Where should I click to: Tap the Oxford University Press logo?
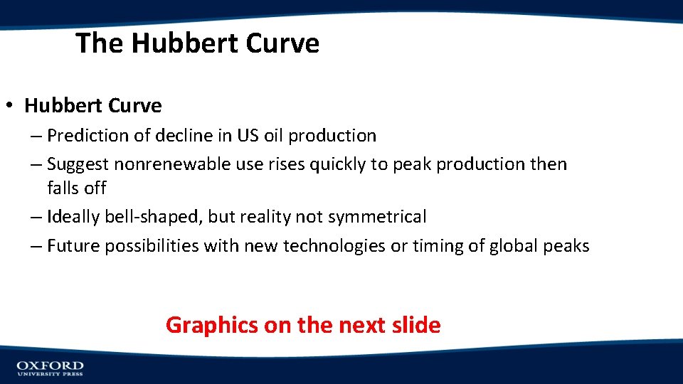tap(50, 368)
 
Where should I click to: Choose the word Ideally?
tap(74, 217)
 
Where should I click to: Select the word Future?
tap(74, 246)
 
